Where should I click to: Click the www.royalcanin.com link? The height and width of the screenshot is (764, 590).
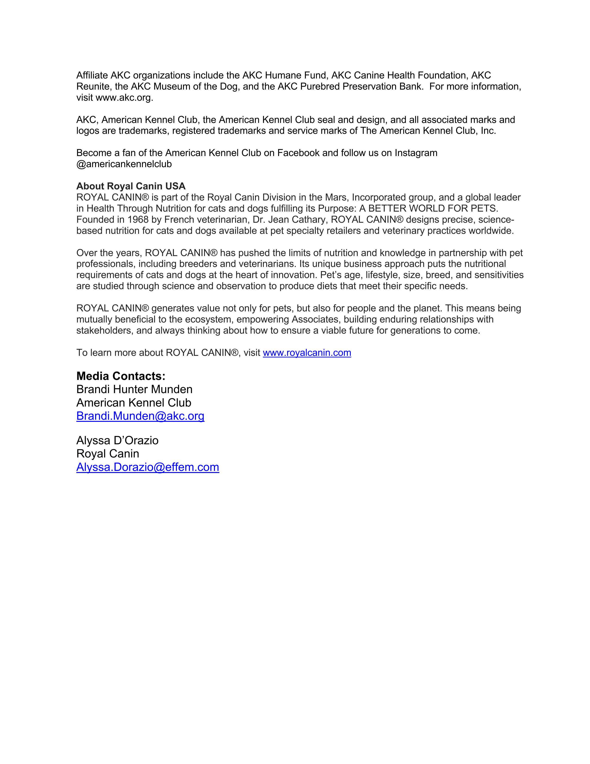click(307, 353)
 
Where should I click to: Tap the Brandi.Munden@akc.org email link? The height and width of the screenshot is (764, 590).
click(140, 416)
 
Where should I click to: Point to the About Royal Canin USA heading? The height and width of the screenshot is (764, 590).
click(131, 186)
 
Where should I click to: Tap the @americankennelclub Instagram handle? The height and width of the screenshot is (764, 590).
click(124, 164)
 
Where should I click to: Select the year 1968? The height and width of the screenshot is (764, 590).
click(138, 220)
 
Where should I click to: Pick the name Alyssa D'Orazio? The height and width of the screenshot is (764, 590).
click(118, 440)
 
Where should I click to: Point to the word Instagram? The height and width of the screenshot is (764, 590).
click(416, 153)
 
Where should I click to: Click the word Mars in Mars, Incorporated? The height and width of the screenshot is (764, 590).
click(335, 197)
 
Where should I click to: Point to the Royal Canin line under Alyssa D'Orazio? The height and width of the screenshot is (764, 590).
click(108, 454)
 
